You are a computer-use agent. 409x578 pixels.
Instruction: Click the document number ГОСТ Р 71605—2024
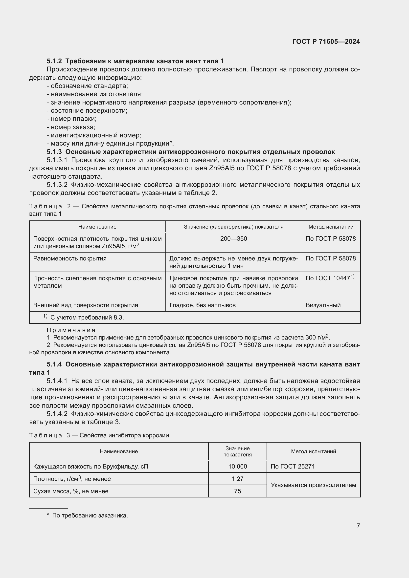click(x=326, y=42)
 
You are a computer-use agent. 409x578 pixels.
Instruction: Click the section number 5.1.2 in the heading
click(x=54, y=61)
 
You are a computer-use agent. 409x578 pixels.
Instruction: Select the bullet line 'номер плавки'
click(x=73, y=119)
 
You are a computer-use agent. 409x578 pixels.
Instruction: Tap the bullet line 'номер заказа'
click(x=73, y=127)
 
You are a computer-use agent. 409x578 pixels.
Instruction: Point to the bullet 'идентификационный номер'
click(x=96, y=135)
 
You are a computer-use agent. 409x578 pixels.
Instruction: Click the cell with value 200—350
click(x=233, y=239)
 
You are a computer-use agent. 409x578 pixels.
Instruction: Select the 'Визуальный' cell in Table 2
click(x=323, y=305)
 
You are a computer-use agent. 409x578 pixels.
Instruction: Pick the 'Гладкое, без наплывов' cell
click(x=203, y=305)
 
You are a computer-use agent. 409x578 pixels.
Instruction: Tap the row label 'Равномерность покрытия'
click(x=70, y=258)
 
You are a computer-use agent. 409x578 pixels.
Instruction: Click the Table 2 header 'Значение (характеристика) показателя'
click(x=233, y=227)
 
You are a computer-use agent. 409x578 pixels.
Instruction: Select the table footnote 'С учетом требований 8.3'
click(x=87, y=318)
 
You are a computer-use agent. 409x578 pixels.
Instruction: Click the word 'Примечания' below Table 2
click(x=71, y=330)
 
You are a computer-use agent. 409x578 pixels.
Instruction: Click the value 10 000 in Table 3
click(x=237, y=467)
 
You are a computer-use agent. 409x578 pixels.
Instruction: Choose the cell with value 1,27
click(x=237, y=479)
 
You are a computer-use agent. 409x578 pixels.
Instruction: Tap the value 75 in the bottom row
click(x=237, y=491)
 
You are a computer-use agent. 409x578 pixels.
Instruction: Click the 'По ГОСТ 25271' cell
click(x=293, y=467)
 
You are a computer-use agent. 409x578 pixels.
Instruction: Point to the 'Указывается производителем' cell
click(x=313, y=485)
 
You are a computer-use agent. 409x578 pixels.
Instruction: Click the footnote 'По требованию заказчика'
click(x=90, y=515)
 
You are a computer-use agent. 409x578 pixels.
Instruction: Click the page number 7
click(x=358, y=526)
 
